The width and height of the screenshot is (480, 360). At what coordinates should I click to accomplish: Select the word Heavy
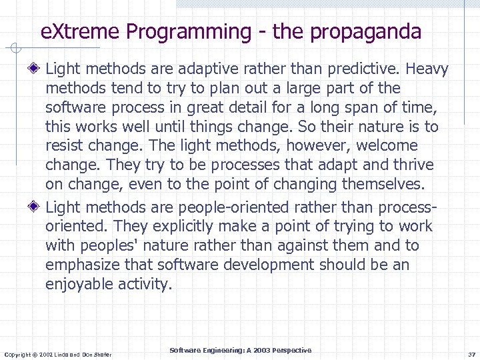pyautogui.click(x=427, y=69)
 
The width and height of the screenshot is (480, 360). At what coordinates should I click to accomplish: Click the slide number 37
pyautogui.click(x=471, y=353)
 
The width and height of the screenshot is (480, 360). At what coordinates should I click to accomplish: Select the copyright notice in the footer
pyautogui.click(x=58, y=353)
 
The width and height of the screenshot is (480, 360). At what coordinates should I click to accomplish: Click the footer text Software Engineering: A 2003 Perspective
pyautogui.click(x=240, y=350)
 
